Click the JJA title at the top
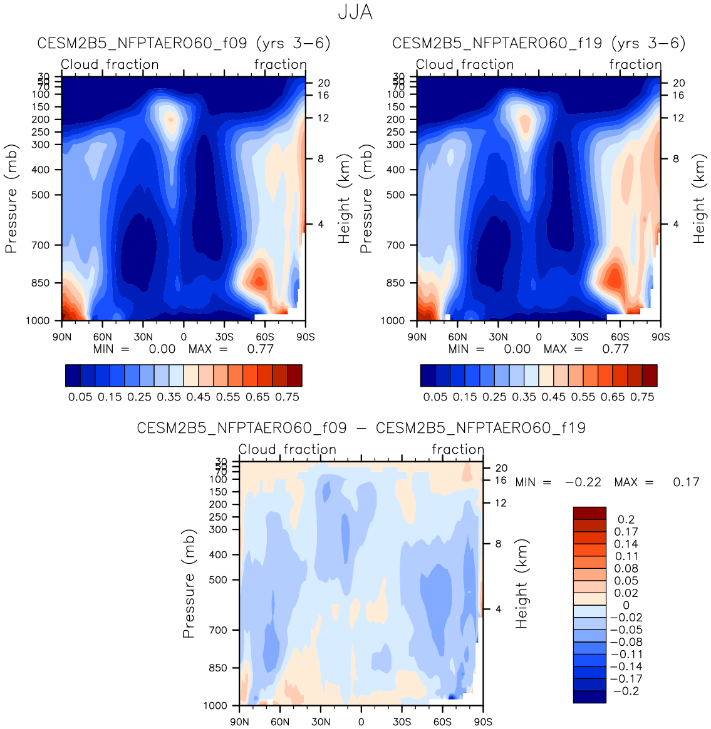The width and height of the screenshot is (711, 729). tap(355, 12)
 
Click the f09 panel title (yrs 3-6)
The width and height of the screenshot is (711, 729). tap(184, 43)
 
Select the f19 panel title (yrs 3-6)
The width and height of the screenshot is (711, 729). tap(539, 43)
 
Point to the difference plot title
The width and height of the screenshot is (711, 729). tap(361, 428)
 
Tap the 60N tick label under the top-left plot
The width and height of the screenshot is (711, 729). tap(103, 337)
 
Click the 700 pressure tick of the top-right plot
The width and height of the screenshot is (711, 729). tap(395, 245)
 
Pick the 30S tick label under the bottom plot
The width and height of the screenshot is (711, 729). tap(402, 721)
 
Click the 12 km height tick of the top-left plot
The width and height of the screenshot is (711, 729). tap(323, 118)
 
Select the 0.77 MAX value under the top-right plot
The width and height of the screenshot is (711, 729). tap(615, 349)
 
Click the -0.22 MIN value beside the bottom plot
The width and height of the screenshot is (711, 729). tap(583, 482)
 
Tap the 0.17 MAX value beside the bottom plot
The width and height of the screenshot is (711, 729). tap(686, 482)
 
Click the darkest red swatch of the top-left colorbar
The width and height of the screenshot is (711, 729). tap(294, 375)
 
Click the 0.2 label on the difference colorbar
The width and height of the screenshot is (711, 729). tap(626, 519)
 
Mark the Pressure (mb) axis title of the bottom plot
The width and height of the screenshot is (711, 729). tap(189, 584)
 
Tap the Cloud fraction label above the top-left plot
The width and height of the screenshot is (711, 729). tap(110, 64)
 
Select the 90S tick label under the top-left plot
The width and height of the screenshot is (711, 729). tap(305, 337)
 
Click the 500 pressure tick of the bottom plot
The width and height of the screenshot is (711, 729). tap(217, 580)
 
